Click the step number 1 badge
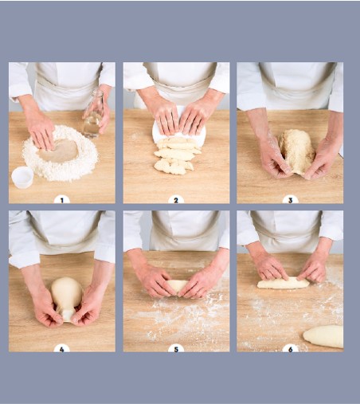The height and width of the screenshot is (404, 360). tap(62, 200)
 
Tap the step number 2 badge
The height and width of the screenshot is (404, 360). tap(176, 200)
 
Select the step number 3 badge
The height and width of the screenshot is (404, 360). tap(290, 200)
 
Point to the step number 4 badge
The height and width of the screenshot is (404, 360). tap(62, 348)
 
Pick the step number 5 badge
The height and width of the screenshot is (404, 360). tap(176, 348)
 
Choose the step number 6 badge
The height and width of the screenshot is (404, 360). tap(290, 348)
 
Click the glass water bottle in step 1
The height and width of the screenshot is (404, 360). tap(94, 114)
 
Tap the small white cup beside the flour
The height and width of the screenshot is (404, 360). tap(22, 178)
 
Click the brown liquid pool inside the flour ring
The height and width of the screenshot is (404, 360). tap(59, 151)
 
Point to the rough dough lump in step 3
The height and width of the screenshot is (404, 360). tap(296, 151)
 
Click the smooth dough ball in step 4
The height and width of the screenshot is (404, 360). tap(66, 293)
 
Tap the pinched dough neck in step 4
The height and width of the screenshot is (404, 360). tap(67, 315)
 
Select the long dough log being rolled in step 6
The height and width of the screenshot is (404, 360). tap(284, 283)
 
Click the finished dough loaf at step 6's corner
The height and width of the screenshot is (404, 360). tap(323, 336)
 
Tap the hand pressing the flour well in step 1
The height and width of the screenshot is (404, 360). tap(41, 131)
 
